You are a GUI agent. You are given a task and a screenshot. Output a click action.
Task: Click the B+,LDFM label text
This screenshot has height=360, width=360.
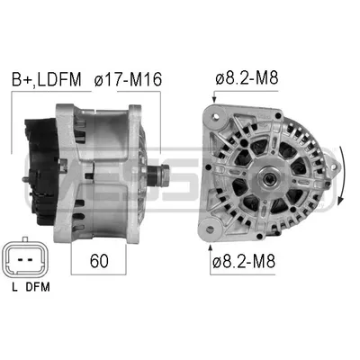47,79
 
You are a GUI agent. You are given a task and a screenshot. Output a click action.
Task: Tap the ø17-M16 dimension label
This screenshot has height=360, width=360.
128,79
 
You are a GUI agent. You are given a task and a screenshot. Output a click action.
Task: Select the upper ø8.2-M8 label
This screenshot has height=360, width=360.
247,78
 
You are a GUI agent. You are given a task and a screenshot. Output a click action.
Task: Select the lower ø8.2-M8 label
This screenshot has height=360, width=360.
243,262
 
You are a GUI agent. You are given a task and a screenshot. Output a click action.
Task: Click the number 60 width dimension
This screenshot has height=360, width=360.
99,261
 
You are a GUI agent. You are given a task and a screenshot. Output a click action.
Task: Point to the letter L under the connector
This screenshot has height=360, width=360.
14,287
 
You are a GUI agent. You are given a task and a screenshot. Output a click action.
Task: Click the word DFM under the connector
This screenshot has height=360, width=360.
38,287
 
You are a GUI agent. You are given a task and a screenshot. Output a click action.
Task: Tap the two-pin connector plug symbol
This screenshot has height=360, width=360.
25,258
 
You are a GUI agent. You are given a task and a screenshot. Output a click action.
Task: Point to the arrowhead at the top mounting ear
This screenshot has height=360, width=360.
214,99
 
